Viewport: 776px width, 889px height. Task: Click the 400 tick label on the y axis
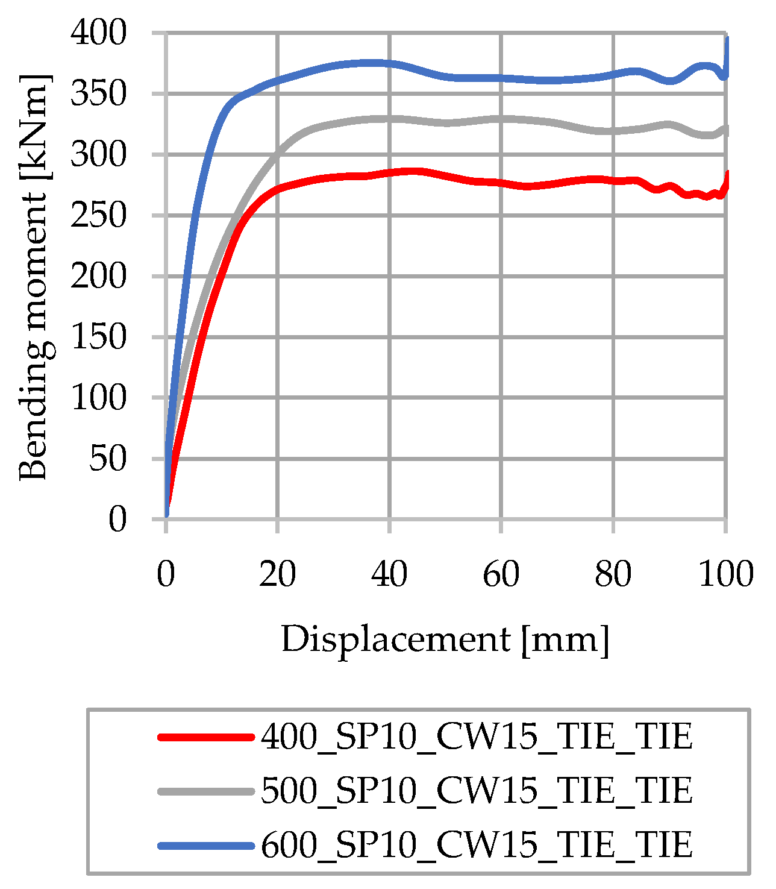[99, 33]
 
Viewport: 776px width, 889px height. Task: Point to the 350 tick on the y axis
[99, 94]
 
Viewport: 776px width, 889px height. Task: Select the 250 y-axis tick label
[99, 215]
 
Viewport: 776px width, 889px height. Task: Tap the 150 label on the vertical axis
[99, 337]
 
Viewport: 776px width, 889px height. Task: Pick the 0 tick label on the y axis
[117, 519]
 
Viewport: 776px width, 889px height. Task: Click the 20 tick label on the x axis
[278, 574]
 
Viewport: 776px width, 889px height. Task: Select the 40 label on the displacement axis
[389, 574]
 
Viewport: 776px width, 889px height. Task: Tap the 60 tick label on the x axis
[501, 574]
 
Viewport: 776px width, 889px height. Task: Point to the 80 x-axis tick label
[613, 574]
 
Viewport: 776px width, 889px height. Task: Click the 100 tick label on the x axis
[725, 574]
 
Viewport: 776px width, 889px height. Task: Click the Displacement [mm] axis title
[445, 639]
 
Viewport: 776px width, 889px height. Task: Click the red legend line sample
[205, 737]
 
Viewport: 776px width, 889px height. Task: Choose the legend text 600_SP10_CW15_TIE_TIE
[477, 845]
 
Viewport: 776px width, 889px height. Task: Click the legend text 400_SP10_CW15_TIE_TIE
[477, 737]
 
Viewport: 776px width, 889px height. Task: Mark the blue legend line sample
[205, 846]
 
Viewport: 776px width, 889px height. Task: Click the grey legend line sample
[205, 791]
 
